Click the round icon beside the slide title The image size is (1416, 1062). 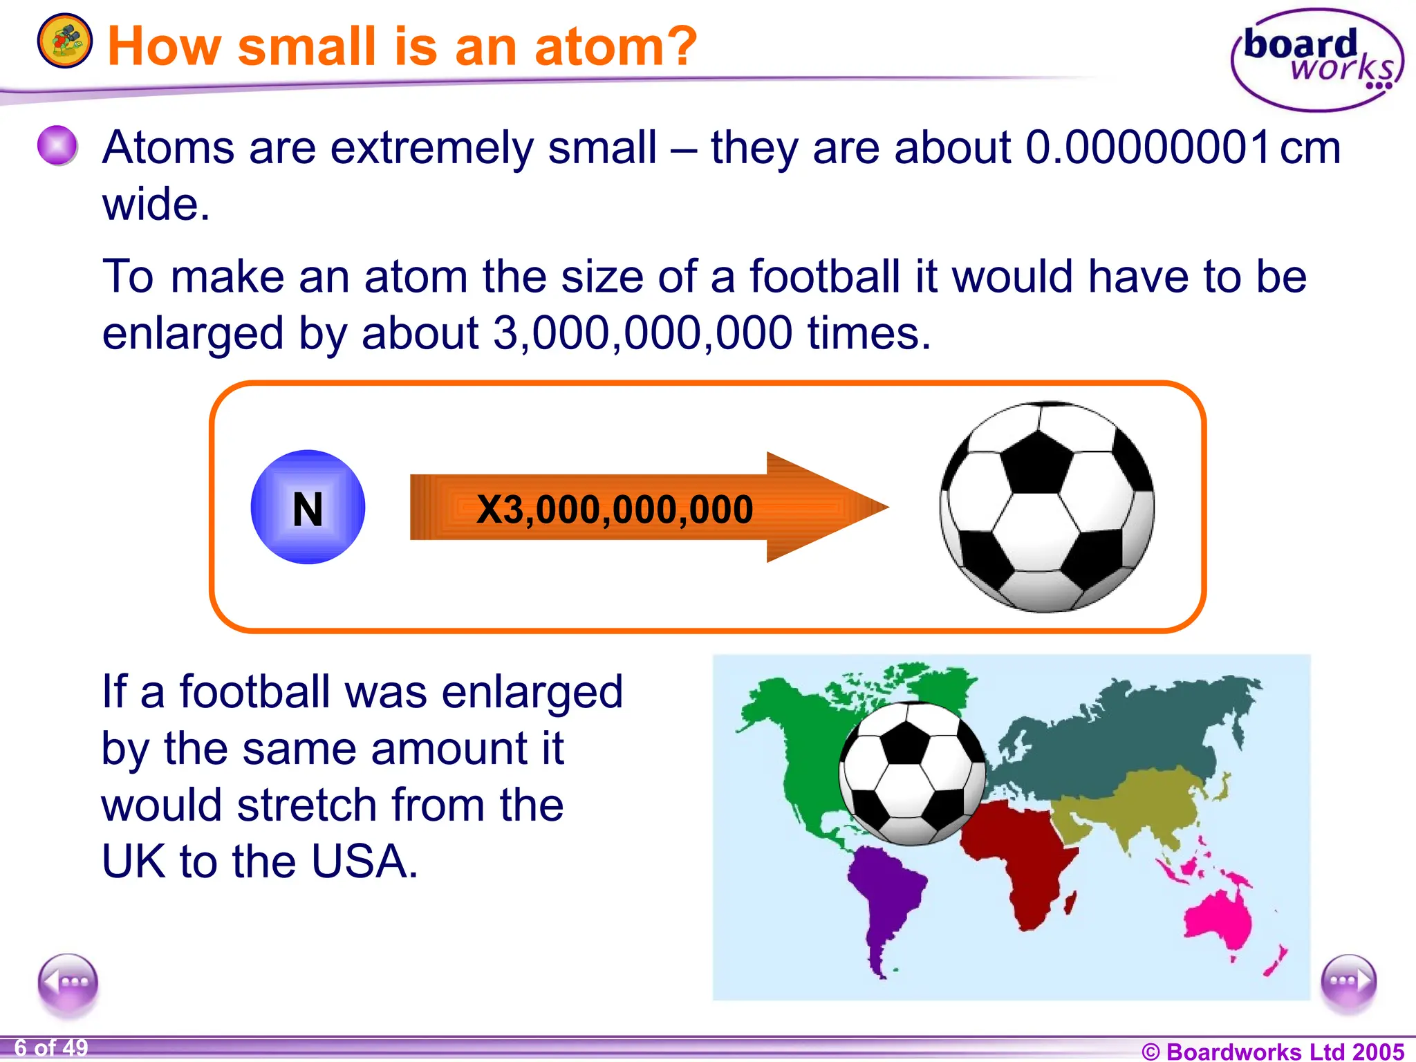coord(64,41)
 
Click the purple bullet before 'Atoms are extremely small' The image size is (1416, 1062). coord(57,146)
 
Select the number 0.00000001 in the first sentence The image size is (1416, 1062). coord(1148,147)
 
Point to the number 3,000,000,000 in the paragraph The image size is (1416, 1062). coord(642,333)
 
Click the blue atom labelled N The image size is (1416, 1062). coord(308,507)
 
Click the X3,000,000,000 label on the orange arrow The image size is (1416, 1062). coord(615,510)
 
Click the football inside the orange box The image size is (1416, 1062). coord(1046,507)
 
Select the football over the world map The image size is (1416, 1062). coord(912,773)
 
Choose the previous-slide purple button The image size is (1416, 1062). coord(68,982)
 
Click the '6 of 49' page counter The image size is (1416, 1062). coord(51,1048)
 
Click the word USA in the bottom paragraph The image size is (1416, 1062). coord(364,861)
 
